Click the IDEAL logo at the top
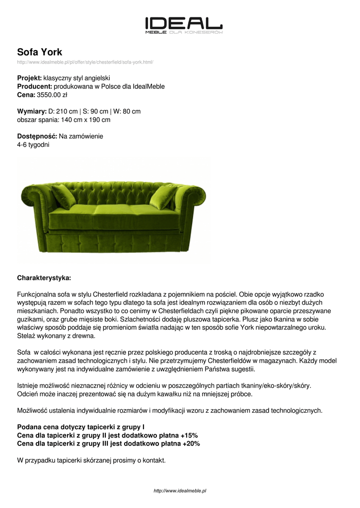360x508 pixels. click(x=183, y=25)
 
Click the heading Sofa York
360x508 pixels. click(x=40, y=52)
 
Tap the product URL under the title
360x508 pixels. click(x=85, y=62)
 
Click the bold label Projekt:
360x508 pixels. click(x=29, y=78)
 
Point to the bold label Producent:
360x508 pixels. click(x=34, y=86)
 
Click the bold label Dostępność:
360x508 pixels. click(x=37, y=136)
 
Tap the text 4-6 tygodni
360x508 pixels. click(x=33, y=144)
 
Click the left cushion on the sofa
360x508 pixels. click(x=64, y=196)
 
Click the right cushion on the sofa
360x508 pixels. click(x=164, y=196)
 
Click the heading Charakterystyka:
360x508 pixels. click(x=44, y=277)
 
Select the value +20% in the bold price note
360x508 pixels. click(x=191, y=444)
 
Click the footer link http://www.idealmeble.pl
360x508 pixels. click(x=180, y=491)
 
